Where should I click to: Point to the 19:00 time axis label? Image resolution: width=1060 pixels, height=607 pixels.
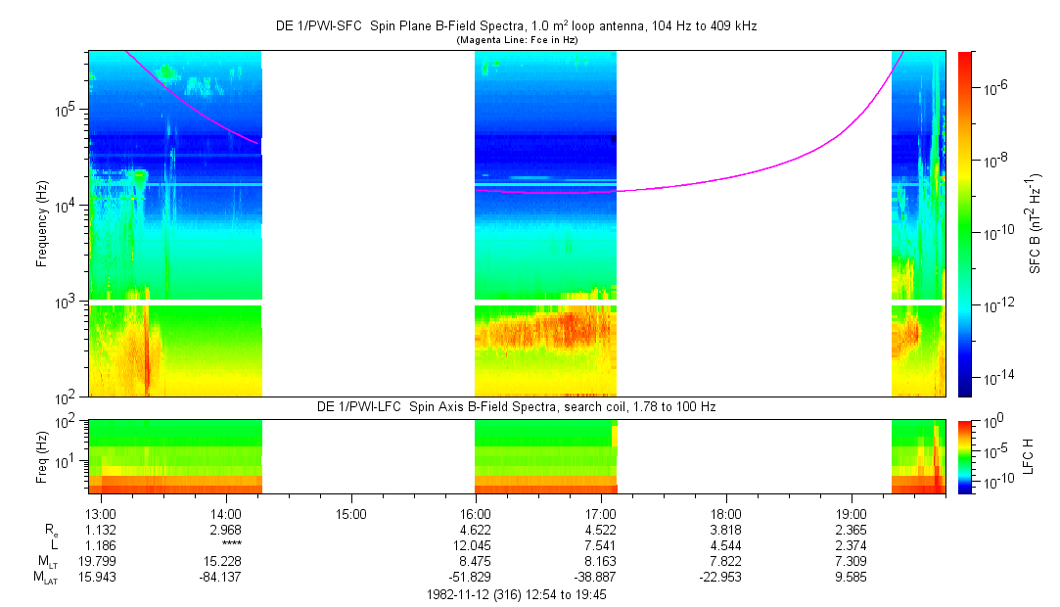[x=852, y=513]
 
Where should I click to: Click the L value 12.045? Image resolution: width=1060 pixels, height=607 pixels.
[x=475, y=545]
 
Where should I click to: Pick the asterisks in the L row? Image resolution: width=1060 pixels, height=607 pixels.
[x=231, y=545]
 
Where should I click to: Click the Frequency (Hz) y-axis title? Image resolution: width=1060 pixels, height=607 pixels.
[x=42, y=225]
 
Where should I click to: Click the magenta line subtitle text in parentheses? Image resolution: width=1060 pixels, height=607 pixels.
[x=517, y=40]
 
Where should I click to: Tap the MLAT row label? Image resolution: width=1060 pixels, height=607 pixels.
[x=46, y=578]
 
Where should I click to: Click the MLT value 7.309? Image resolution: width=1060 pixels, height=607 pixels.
[x=852, y=561]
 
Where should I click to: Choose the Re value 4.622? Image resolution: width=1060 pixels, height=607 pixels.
[x=475, y=530]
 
